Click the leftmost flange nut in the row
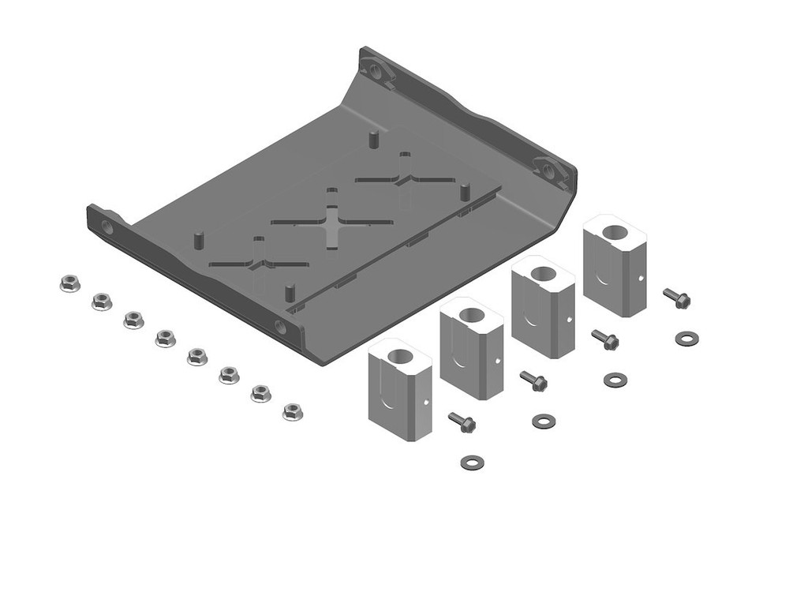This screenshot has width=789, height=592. pyautogui.click(x=69, y=283)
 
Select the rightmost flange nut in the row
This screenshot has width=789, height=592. pyautogui.click(x=293, y=410)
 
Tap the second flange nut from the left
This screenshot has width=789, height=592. pyautogui.click(x=101, y=301)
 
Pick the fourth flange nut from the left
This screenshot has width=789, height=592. pyautogui.click(x=165, y=338)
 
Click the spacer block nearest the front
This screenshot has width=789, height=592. pyautogui.click(x=399, y=390)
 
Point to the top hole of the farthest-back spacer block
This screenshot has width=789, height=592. pyautogui.click(x=615, y=234)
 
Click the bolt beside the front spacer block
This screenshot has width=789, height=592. pyautogui.click(x=462, y=422)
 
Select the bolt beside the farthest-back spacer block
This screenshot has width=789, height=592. pyautogui.click(x=677, y=298)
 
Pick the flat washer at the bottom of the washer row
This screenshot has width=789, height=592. pyautogui.click(x=471, y=460)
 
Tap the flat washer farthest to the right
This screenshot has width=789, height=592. pyautogui.click(x=687, y=339)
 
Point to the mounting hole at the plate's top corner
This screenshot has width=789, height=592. pyautogui.click(x=376, y=73)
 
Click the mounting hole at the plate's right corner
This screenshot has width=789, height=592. pyautogui.click(x=551, y=168)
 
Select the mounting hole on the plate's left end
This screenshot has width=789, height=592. pyautogui.click(x=107, y=227)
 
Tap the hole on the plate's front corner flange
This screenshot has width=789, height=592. pyautogui.click(x=281, y=326)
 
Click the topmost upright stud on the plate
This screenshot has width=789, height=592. pyautogui.click(x=372, y=139)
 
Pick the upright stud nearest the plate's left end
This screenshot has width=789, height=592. pyautogui.click(x=199, y=238)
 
